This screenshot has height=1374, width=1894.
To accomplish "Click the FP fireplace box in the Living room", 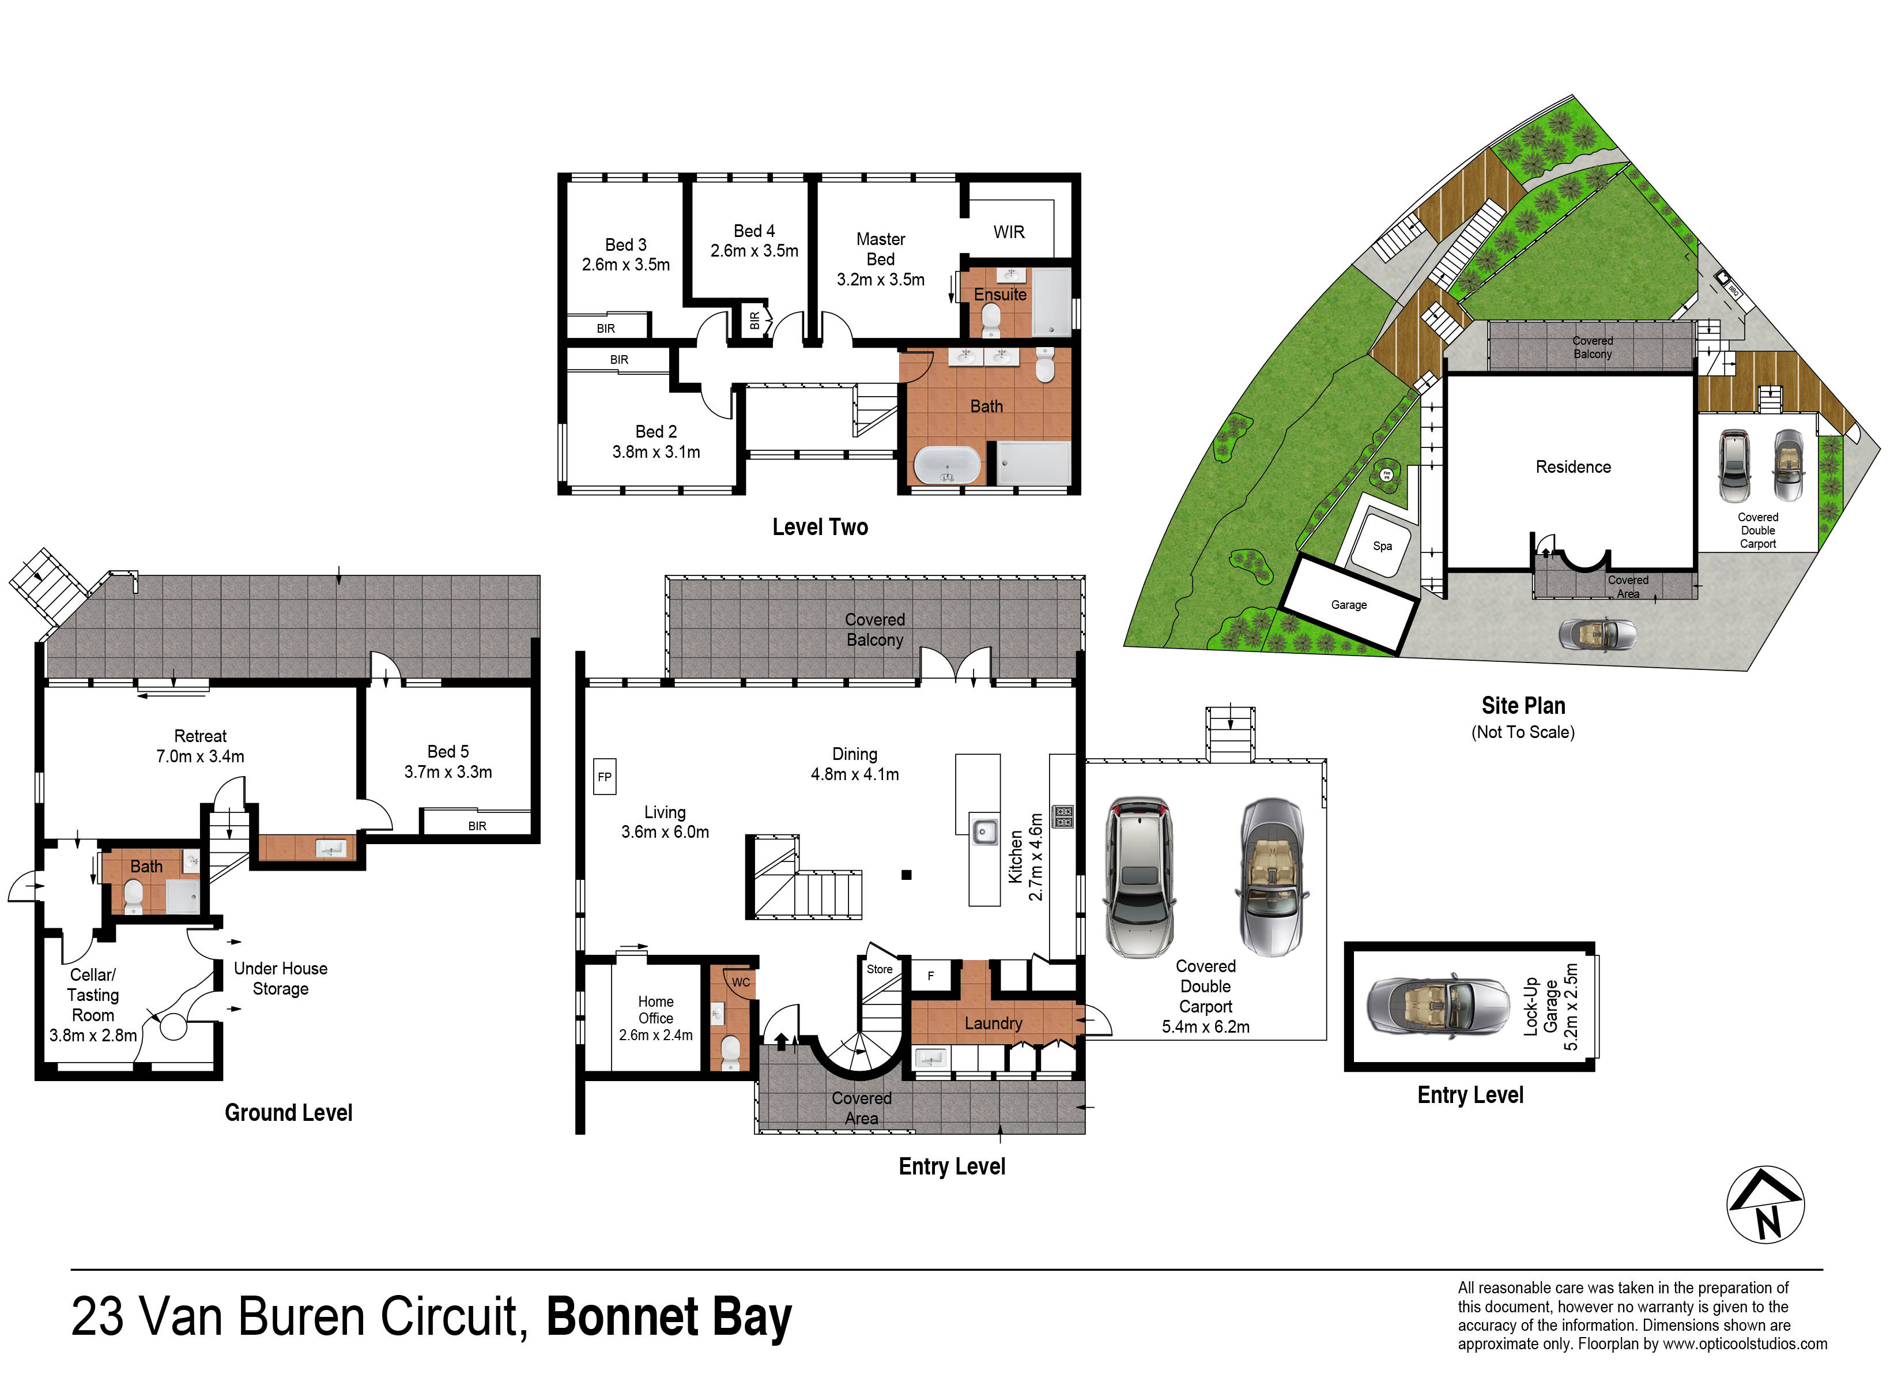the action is [604, 776].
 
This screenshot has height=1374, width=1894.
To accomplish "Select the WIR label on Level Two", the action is [1009, 232].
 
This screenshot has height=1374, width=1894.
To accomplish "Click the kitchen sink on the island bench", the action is [984, 830].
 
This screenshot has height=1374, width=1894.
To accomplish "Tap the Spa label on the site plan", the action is [1382, 546].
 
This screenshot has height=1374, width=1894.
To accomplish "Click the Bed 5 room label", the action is [448, 762].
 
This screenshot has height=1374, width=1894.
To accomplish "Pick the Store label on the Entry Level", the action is [880, 969].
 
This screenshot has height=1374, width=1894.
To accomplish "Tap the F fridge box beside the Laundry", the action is [931, 976].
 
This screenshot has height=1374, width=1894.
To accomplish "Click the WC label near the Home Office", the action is [741, 982].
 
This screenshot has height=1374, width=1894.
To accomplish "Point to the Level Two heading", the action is [820, 527].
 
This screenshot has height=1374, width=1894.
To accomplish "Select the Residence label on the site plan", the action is [1574, 467].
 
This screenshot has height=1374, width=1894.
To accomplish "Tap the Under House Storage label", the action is [281, 978].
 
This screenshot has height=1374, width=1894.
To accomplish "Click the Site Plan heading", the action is [1523, 706].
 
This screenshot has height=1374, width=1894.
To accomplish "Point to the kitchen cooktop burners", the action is [1062, 816].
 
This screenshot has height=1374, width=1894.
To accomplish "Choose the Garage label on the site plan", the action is [1349, 605].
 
